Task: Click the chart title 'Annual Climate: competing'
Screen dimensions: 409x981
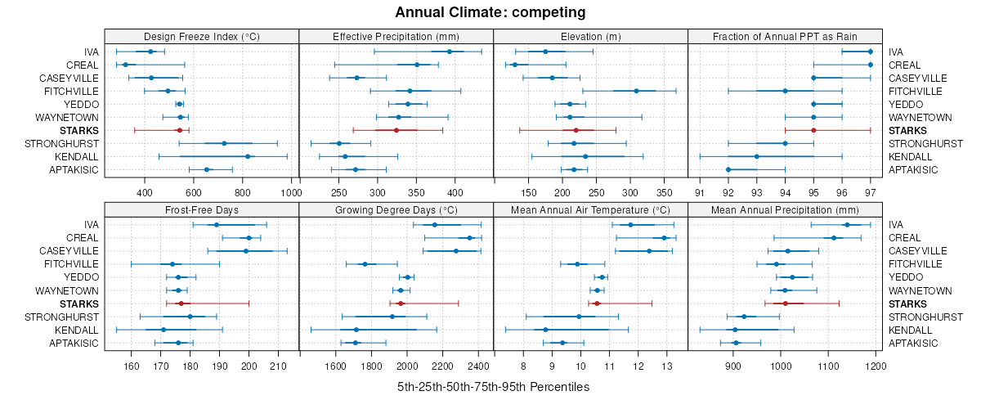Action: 490,12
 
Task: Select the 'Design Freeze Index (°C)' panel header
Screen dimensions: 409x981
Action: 202,36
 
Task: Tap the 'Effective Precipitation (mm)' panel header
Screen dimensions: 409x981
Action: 396,36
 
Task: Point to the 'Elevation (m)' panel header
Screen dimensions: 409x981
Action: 590,36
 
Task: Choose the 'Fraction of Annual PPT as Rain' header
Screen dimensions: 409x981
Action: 785,36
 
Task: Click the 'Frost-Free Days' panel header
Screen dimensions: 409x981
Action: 202,209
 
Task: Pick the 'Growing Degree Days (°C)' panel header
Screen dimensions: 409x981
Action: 396,209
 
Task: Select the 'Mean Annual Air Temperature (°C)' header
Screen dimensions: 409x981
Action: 590,209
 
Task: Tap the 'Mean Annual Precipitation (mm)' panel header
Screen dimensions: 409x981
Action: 785,209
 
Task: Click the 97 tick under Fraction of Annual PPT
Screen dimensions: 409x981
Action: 870,193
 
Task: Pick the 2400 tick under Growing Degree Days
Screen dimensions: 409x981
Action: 479,366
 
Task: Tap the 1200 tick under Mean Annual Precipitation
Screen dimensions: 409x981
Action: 876,366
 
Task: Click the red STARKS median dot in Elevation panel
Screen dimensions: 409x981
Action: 576,130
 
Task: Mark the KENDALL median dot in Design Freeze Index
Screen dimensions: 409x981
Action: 248,156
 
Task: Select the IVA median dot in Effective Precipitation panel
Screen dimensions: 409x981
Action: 450,52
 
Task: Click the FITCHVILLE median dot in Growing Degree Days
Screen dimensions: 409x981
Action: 365,264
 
